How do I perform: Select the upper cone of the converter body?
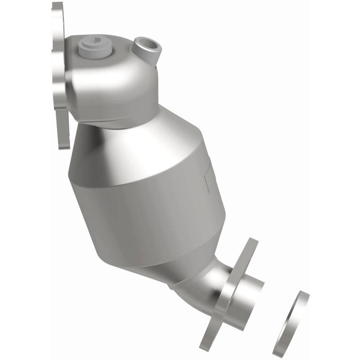tap(135, 144)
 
